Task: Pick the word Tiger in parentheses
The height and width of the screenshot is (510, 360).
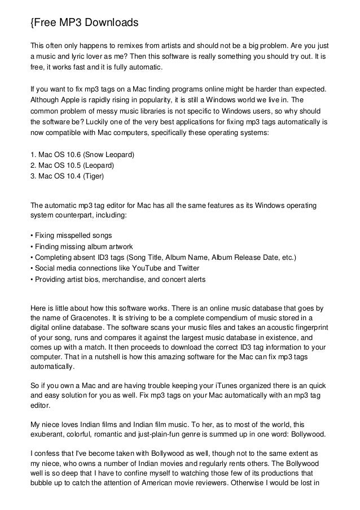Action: coord(94,176)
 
